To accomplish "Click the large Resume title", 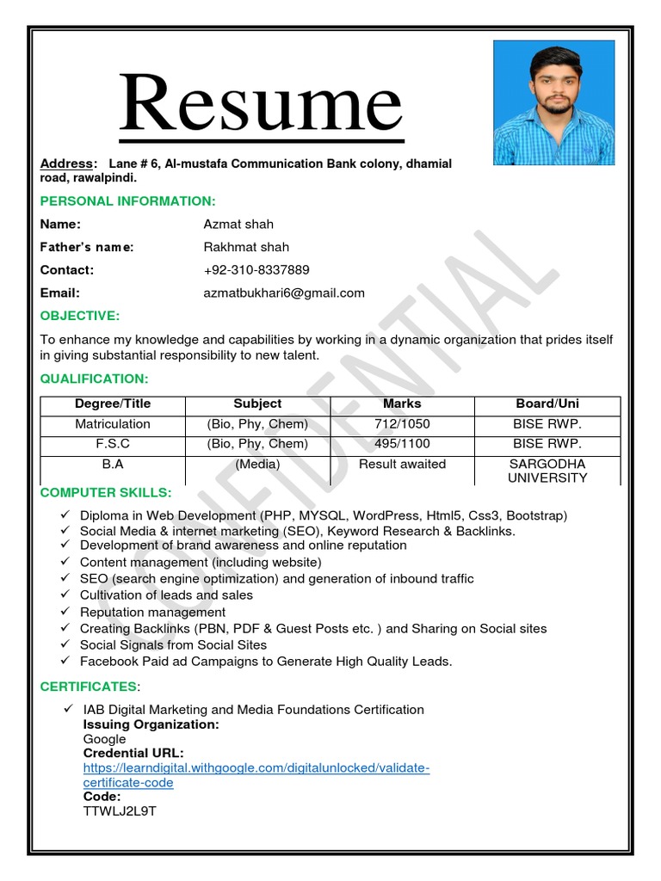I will coord(261,105).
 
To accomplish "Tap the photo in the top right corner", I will coord(553,102).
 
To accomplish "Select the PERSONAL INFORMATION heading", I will coord(128,200).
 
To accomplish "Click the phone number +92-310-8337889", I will coord(256,269).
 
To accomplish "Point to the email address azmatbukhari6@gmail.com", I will coord(284,293).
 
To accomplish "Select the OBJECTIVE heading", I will coord(80,316).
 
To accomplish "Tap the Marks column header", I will coord(402,403).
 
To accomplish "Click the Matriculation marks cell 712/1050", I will coord(402,423).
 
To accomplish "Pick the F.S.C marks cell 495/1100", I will coord(402,444).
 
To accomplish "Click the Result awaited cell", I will coord(402,464).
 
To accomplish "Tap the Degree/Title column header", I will coord(113,403).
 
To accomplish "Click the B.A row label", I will coord(113,464).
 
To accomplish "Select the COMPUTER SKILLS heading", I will coord(106,492).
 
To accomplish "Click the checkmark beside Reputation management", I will coord(65,612).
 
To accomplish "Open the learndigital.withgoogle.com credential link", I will coord(256,767).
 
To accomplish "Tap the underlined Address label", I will coord(66,163).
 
